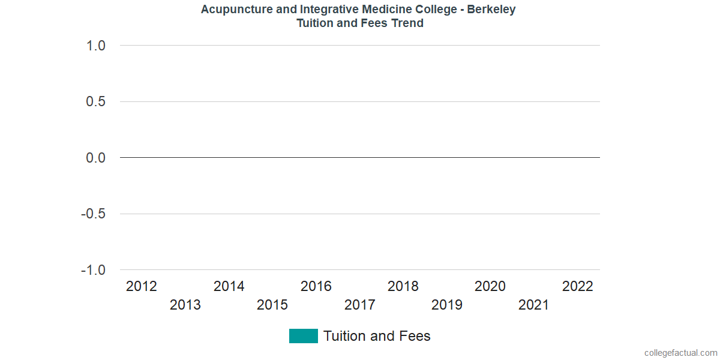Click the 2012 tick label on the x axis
142,286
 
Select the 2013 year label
185,305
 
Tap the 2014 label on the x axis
229,286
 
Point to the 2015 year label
272,305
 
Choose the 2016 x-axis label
316,286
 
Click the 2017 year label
360,305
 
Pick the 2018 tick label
403,286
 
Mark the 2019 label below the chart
447,305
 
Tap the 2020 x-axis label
490,286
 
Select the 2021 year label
534,305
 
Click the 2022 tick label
578,286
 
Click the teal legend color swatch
303,336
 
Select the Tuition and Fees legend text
377,336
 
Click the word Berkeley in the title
491,10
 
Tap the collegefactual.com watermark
680,353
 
